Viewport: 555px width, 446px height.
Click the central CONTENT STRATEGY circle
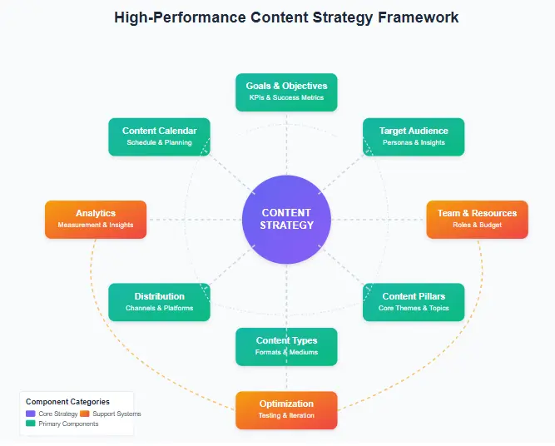coord(286,219)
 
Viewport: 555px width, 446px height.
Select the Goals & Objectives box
coord(286,92)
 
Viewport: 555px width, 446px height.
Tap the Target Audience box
coord(414,136)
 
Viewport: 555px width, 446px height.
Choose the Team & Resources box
coord(477,219)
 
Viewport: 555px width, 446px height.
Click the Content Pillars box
coord(414,302)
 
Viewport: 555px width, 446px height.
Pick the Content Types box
coord(286,346)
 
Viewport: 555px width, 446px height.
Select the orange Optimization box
coord(286,409)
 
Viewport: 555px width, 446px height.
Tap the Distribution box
coord(159,302)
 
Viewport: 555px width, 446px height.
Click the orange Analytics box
coord(96,219)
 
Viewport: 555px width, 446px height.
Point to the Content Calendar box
coord(159,136)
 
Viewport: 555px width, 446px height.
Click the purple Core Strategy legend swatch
coord(31,414)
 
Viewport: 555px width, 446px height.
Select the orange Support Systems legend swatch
coord(84,414)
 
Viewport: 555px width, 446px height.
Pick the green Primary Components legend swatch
coord(31,424)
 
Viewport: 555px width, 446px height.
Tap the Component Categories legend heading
coord(67,402)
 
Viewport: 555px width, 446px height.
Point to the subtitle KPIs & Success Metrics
coord(286,98)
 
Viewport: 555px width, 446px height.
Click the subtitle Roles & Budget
coord(477,225)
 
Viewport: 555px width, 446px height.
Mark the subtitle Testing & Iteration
coord(286,416)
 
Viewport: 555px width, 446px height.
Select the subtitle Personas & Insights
coord(414,143)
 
